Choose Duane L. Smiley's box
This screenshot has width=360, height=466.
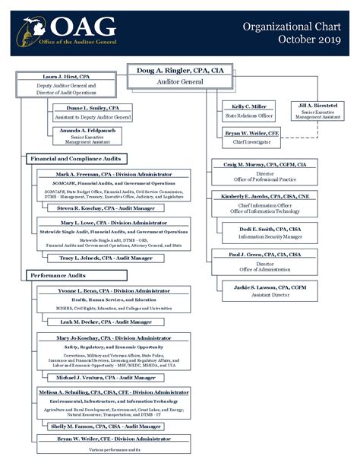tap(93, 113)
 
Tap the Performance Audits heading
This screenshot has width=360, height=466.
tap(57, 274)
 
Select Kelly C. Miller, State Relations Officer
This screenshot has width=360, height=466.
tap(249, 111)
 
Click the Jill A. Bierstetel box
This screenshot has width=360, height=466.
tap(317, 111)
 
